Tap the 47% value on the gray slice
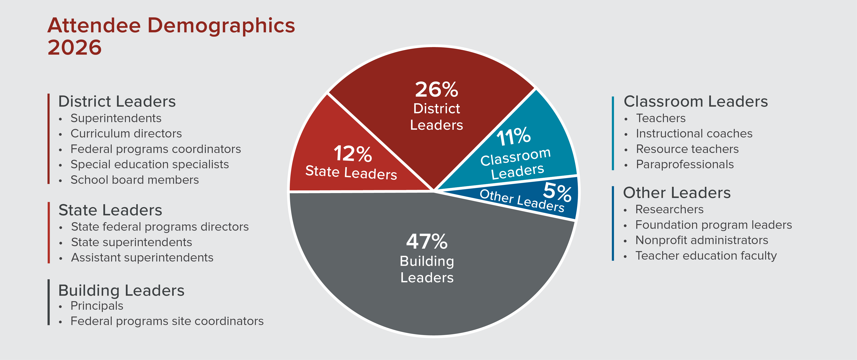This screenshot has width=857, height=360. (x=427, y=242)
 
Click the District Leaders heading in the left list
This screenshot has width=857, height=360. (x=117, y=102)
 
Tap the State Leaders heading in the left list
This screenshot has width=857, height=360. (x=110, y=210)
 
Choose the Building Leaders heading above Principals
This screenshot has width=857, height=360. (x=121, y=290)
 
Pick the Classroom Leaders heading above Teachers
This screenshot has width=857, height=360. (x=696, y=102)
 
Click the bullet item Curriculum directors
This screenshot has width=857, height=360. (x=126, y=134)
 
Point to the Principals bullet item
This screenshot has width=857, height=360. (x=97, y=306)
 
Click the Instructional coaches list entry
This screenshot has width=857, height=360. (x=694, y=134)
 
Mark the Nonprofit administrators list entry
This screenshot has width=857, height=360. (x=702, y=240)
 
